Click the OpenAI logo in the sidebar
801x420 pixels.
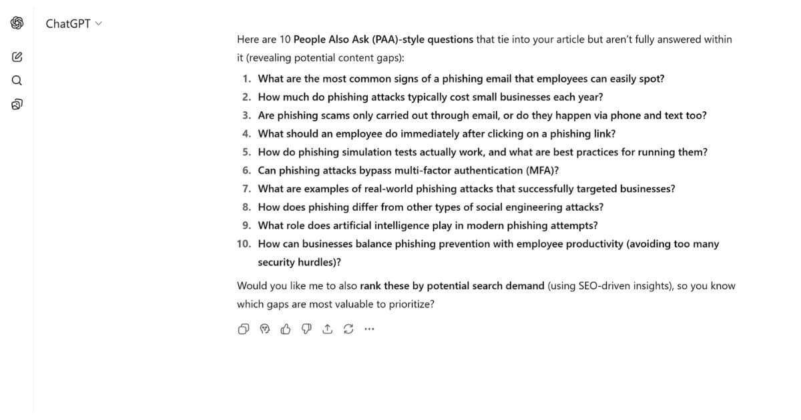tap(17, 23)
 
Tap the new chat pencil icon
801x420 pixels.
tap(17, 57)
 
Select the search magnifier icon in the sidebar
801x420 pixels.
tap(17, 81)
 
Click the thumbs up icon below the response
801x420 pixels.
tap(286, 329)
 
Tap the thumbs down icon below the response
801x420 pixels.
tap(306, 329)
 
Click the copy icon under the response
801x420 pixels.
tap(244, 329)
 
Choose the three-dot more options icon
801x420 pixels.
tap(369, 329)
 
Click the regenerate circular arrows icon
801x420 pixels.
tap(348, 329)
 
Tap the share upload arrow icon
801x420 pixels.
tap(327, 329)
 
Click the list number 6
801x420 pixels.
tap(246, 170)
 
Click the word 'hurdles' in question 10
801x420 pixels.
tap(316, 262)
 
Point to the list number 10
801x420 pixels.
tap(244, 244)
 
